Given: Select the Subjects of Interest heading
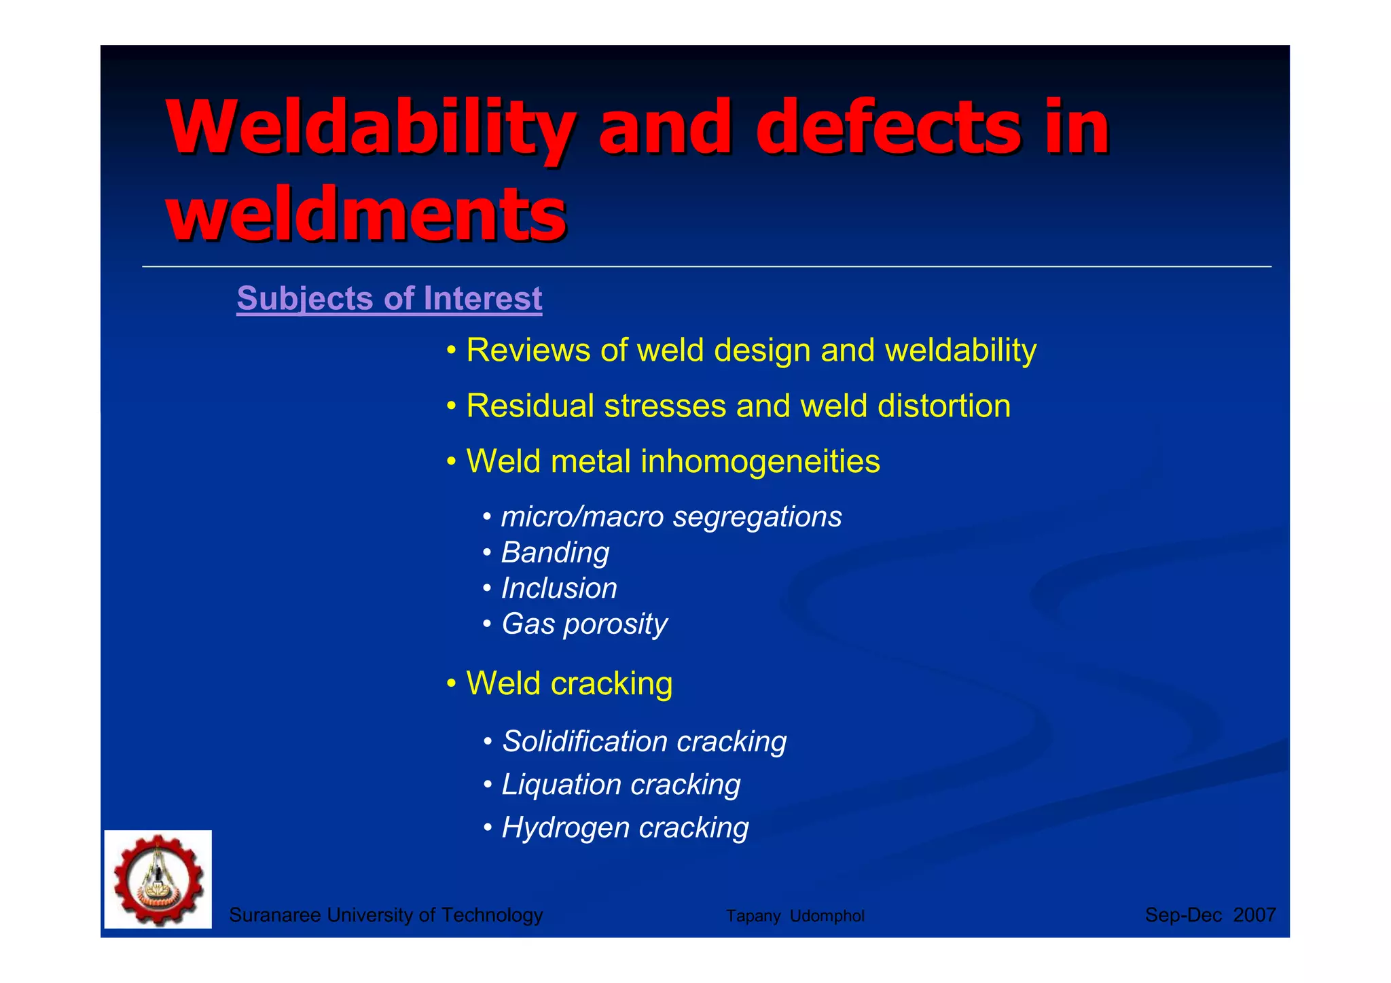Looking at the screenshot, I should (389, 298).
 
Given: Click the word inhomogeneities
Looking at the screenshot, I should (760, 461).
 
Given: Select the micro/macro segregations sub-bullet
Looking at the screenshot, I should (671, 517).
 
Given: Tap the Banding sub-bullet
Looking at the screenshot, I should (555, 552).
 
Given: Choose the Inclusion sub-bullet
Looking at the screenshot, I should (558, 588).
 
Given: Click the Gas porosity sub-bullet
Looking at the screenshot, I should (584, 624).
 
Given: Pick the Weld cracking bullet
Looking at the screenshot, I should (568, 683).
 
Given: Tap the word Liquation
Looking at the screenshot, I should (560, 785).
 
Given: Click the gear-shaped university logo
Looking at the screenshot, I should (158, 879).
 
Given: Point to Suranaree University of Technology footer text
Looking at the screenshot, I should (386, 915).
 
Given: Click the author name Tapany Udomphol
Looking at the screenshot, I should (795, 916).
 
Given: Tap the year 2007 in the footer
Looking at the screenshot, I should (1254, 915).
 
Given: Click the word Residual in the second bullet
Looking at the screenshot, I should (530, 406).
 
